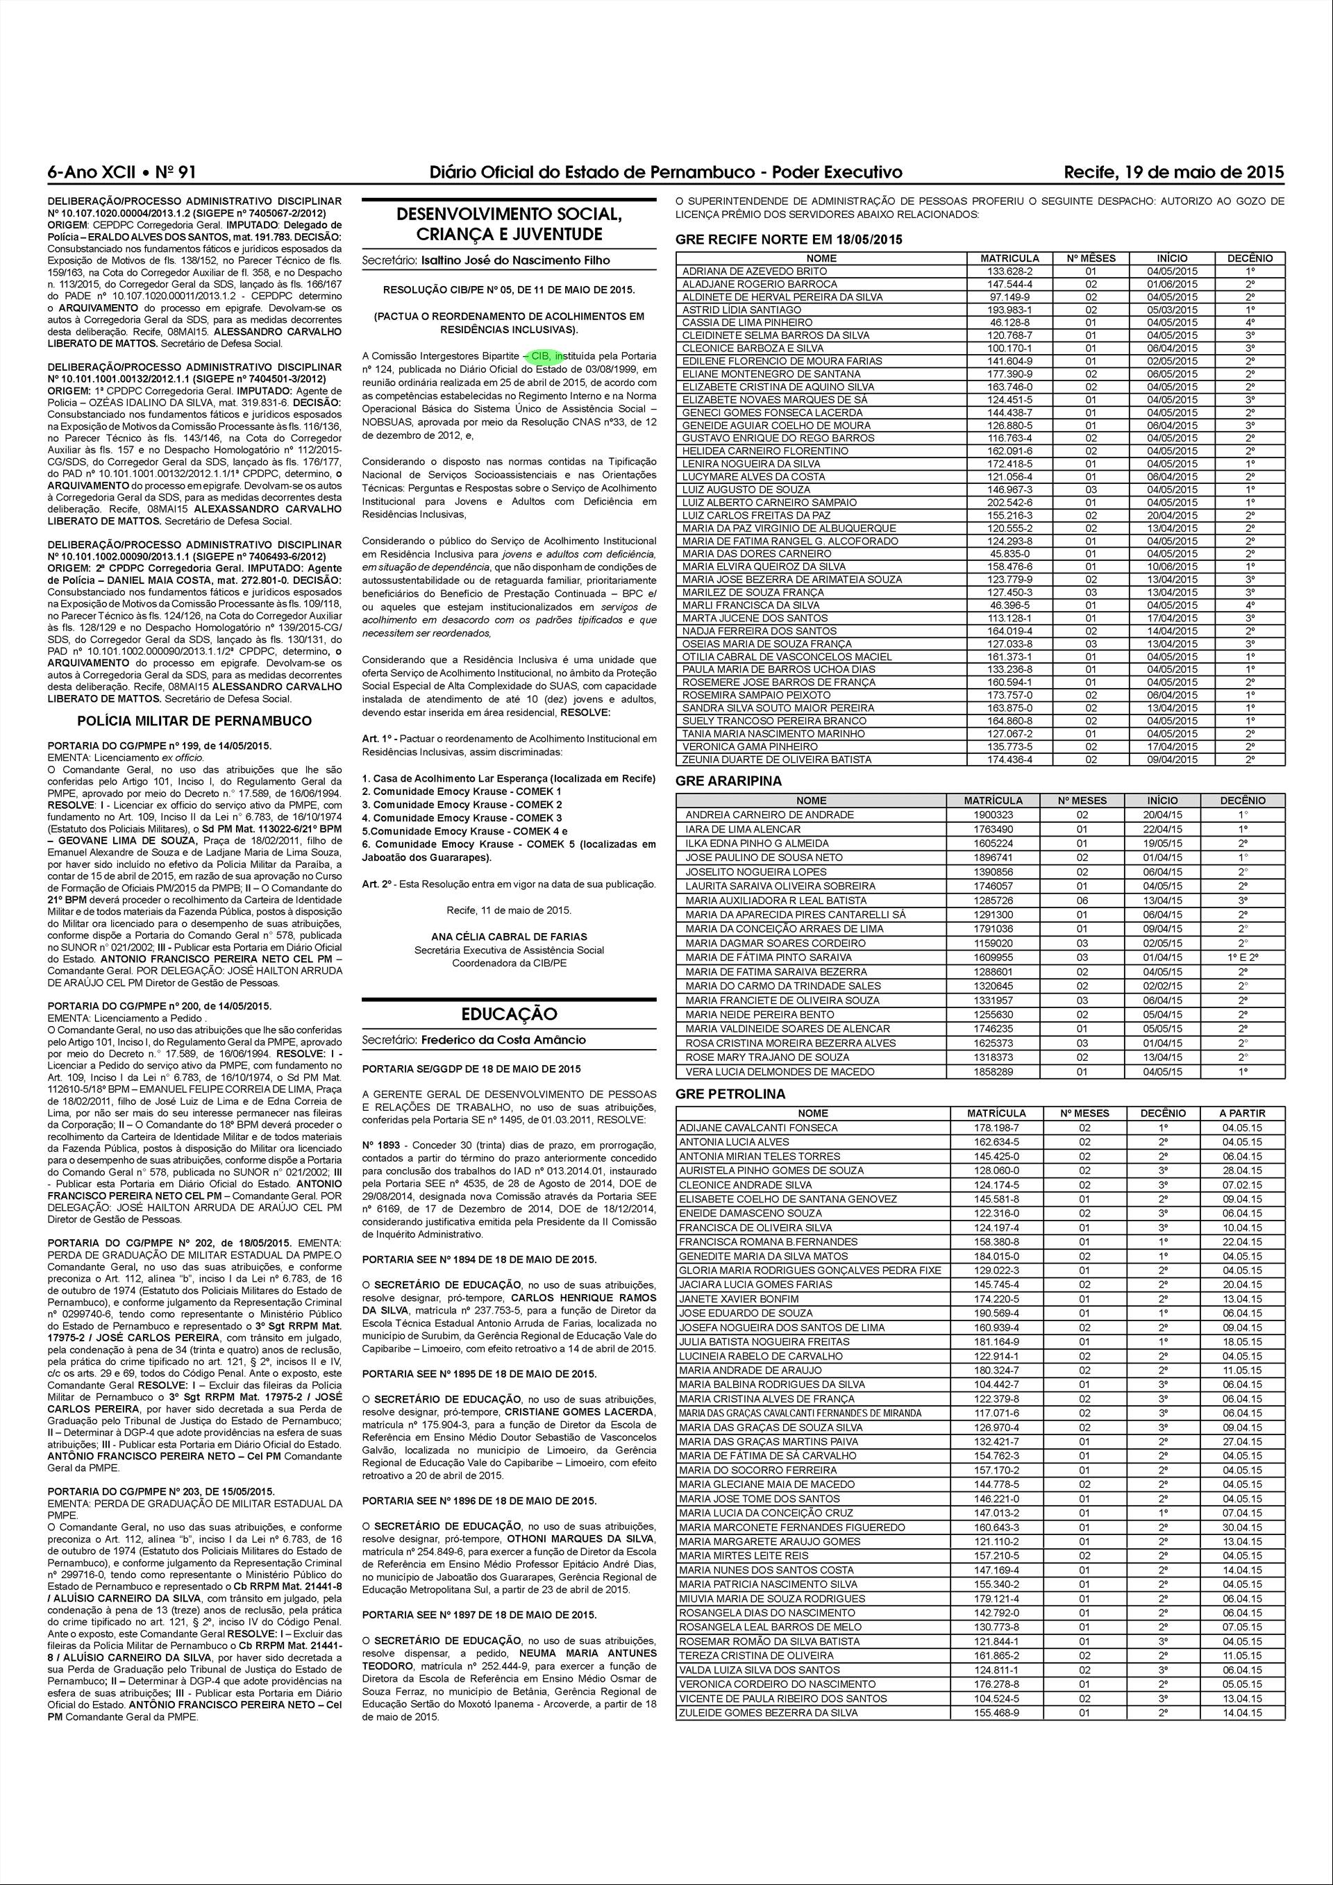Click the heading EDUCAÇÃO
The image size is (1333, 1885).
509,1014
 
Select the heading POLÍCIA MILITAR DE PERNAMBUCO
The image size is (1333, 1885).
194,721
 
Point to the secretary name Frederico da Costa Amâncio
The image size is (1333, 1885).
503,1039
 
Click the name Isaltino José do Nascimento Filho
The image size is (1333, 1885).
514,260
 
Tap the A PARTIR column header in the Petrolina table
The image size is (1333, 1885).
1242,1113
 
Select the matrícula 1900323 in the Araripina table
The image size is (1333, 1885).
992,814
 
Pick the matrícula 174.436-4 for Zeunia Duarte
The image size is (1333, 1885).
1009,760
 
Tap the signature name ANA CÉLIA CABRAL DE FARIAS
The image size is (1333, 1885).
509,936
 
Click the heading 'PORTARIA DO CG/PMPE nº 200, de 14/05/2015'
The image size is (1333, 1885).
159,1006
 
